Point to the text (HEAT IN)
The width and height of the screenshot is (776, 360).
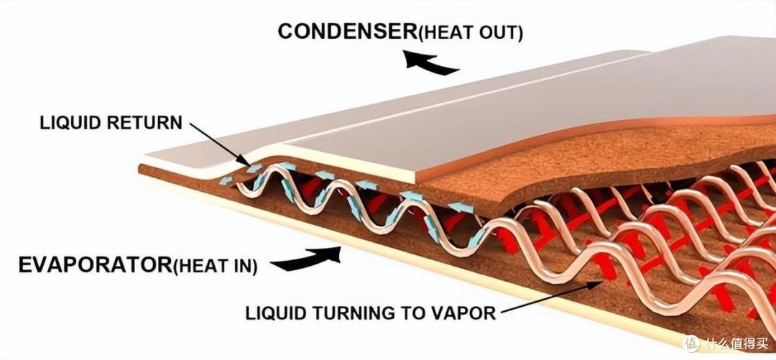click(x=215, y=266)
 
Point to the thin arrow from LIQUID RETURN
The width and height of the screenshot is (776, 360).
click(x=220, y=144)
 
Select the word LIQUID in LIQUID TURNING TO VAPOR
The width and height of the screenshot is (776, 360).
click(x=272, y=313)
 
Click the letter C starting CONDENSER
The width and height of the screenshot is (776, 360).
click(x=285, y=32)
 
